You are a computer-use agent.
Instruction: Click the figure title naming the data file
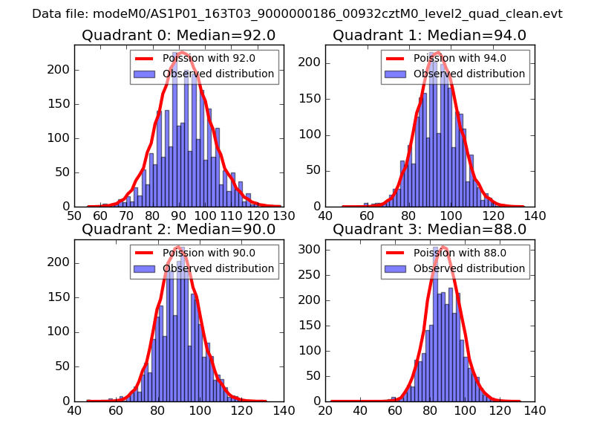point(297,14)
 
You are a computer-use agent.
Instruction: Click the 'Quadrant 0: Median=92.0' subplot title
point(178,36)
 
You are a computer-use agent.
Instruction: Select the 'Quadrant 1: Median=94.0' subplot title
point(429,36)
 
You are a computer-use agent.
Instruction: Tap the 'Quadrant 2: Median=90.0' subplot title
point(178,230)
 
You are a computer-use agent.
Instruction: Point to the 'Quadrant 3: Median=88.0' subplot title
point(429,230)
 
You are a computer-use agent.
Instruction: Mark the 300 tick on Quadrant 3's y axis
point(312,249)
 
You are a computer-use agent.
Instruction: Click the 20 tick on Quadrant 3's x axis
point(325,410)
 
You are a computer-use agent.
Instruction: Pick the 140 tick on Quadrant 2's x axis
point(283,410)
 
